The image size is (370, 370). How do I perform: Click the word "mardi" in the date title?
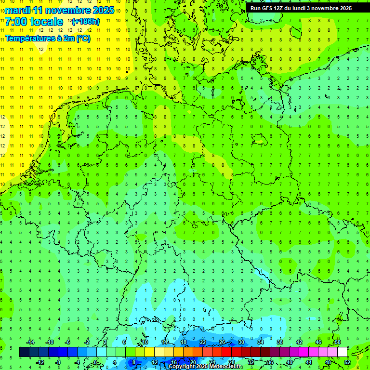point(17,10)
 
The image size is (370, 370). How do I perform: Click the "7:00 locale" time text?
point(34,22)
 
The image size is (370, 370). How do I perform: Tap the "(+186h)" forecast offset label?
point(85,22)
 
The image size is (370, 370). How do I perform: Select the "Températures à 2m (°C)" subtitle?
point(47,38)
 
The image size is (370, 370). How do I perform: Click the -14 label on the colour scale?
point(30,342)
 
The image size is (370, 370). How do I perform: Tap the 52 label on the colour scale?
point(347,362)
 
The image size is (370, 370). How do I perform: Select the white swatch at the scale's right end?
point(342,352)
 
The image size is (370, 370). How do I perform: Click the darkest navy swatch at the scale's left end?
point(24,352)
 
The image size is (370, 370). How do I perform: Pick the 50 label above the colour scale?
point(337,342)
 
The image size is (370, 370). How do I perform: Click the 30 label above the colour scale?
point(241,342)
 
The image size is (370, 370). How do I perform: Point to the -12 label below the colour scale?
point(40,362)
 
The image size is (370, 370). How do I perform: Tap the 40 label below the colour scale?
point(289,362)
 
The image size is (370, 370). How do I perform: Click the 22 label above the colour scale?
point(202,342)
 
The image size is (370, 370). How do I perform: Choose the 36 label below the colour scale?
point(270,362)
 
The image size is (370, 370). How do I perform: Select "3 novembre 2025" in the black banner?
point(329,8)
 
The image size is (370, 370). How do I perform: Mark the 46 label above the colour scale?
point(318,342)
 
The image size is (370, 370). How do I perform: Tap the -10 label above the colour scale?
point(50,342)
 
